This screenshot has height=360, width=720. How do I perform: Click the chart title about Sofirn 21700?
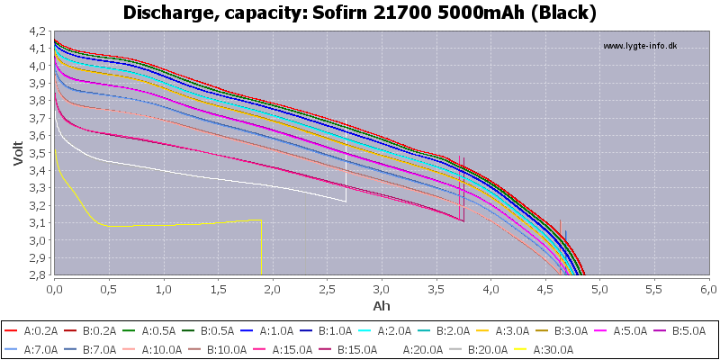coord(360,13)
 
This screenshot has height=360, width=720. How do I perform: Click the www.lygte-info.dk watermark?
coord(639,46)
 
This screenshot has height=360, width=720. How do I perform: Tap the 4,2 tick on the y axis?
coord(39,31)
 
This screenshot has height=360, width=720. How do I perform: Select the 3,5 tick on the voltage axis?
coord(39,153)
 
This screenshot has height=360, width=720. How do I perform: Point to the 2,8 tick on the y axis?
coord(39,274)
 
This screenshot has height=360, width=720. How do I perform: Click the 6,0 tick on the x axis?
coord(708,290)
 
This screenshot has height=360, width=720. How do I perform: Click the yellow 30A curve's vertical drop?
coord(261,247)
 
